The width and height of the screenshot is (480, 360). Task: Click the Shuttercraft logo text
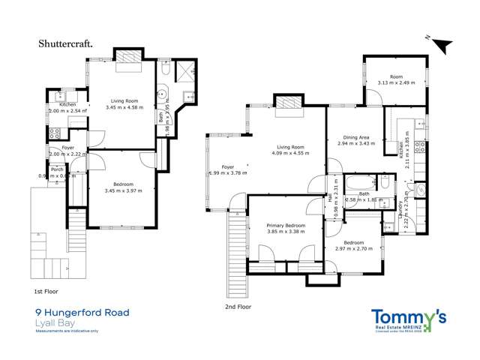pyautogui.click(x=65, y=43)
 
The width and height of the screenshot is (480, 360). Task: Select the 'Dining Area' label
pyautogui.click(x=355, y=140)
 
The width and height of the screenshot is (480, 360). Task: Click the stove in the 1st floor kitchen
pyautogui.click(x=54, y=134)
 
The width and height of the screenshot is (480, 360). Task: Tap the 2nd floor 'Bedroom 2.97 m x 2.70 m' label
pyautogui.click(x=353, y=247)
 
